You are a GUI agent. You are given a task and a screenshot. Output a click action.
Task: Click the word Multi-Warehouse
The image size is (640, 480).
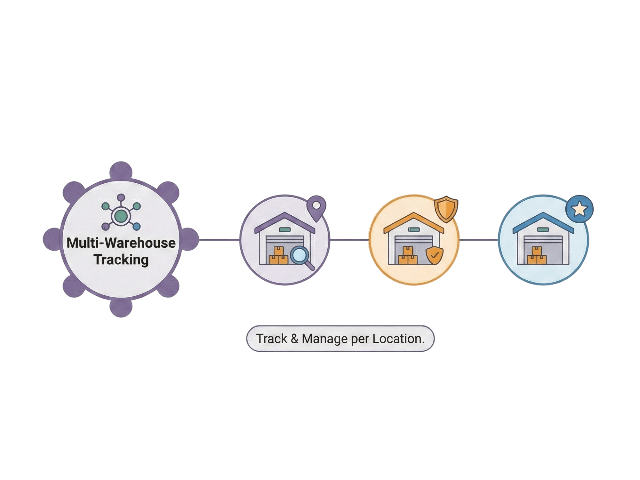point(121,243)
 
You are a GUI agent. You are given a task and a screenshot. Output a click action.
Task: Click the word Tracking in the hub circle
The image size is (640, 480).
point(121,260)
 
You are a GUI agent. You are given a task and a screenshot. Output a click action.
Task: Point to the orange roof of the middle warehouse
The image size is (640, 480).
point(414,221)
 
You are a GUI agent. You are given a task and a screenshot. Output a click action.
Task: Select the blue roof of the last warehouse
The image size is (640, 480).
point(543,221)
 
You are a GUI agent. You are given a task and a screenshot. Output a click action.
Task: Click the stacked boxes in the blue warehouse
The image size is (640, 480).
point(536,256)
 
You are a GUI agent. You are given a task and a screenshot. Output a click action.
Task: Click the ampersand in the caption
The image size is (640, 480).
point(294,339)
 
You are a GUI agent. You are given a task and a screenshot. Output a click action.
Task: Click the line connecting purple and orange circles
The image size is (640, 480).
point(349,240)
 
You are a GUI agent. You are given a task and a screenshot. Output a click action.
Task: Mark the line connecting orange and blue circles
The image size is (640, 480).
point(479,240)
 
